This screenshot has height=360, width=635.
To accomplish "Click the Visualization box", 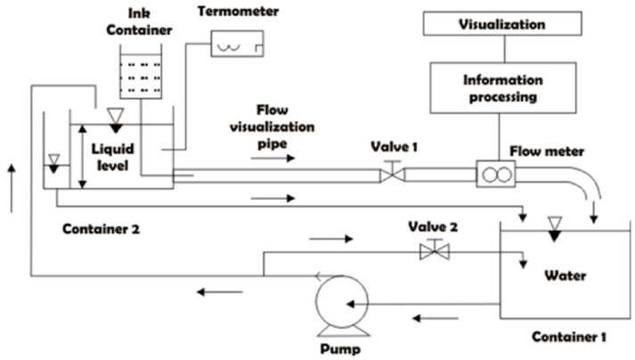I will pyautogui.click(x=501, y=25).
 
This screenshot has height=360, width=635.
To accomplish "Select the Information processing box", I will pyautogui.click(x=501, y=90).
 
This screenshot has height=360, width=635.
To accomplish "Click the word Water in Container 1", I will pyautogui.click(x=566, y=275).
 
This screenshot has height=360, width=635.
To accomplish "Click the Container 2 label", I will pyautogui.click(x=101, y=228).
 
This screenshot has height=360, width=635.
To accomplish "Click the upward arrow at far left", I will pyautogui.click(x=12, y=187).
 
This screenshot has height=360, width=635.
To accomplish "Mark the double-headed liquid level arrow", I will pyautogui.click(x=81, y=157).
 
